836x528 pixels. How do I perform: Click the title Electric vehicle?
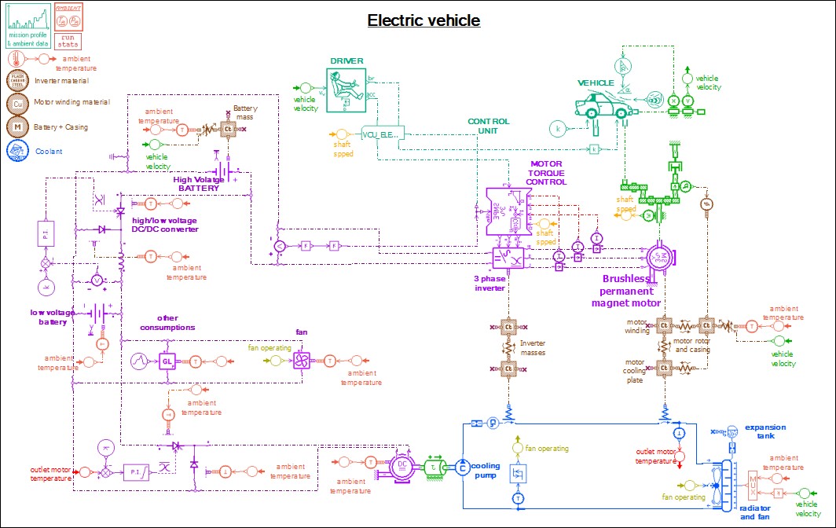(x=423, y=20)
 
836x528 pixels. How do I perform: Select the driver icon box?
(x=346, y=86)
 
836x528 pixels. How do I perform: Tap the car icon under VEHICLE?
(x=603, y=105)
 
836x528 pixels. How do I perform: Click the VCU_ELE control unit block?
(x=382, y=134)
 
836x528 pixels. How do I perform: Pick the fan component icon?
(x=302, y=361)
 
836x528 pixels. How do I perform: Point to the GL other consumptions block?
(x=167, y=361)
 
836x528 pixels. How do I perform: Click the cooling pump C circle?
(x=463, y=467)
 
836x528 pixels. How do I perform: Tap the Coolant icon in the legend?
(x=16, y=151)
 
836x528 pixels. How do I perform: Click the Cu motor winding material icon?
(x=16, y=102)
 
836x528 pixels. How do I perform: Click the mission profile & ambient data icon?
(x=28, y=24)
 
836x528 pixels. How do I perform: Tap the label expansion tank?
(x=765, y=431)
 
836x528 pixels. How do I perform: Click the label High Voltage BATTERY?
(x=198, y=184)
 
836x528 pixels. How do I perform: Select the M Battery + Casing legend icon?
(x=16, y=126)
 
